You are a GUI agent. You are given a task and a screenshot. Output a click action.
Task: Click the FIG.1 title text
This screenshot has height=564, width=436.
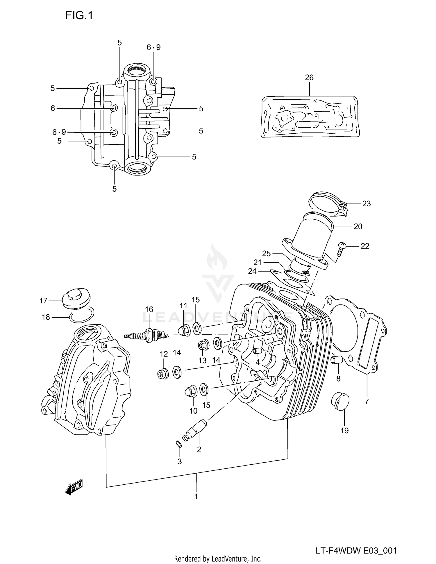point(79,15)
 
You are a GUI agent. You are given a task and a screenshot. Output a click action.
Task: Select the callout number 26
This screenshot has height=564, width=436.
point(309,77)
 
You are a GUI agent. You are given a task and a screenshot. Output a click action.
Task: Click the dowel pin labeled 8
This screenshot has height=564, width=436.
point(336,360)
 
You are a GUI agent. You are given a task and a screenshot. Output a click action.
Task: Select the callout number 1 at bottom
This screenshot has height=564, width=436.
point(196,497)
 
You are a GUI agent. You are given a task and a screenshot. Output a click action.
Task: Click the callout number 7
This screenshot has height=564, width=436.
point(367,402)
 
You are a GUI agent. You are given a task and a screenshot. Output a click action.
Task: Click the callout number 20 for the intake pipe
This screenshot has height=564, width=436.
point(358,226)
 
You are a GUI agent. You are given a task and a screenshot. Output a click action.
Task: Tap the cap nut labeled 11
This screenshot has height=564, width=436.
point(184,330)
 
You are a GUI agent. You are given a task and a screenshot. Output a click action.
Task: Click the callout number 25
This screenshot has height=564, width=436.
point(266,253)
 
